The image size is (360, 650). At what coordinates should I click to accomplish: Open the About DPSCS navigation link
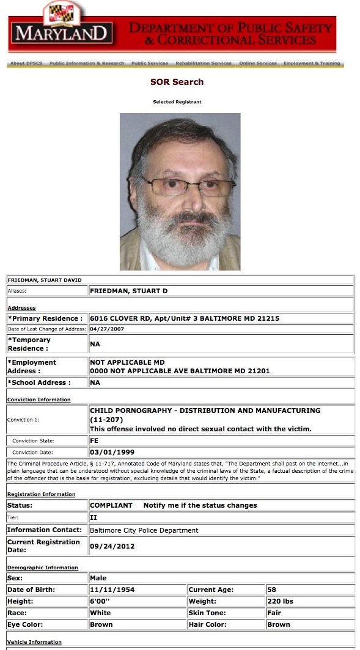coord(26,64)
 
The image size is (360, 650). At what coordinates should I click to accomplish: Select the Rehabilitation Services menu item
coord(204,64)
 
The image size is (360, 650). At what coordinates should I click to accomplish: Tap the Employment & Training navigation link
coord(313,64)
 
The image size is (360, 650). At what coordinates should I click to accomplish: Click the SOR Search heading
coord(177,82)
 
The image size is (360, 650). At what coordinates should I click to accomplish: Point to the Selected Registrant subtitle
coord(177,102)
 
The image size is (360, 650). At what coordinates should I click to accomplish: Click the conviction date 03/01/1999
coord(112,453)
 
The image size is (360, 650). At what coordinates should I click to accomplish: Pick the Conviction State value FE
coord(94,440)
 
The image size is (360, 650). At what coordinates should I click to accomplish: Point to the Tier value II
coord(94,517)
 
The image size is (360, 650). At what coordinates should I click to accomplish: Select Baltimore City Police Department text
coord(144,530)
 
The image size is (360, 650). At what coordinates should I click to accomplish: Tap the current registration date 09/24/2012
coord(112,546)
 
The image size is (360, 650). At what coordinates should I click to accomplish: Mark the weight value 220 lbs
coord(281,601)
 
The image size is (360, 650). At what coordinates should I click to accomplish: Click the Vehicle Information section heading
coord(34,642)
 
